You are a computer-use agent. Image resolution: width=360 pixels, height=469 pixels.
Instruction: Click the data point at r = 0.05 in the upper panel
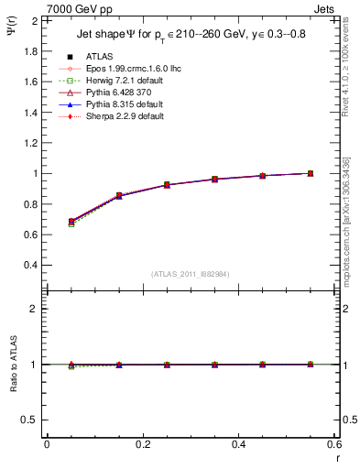(71, 222)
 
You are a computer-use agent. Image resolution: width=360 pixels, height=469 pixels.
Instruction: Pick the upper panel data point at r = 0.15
(119, 196)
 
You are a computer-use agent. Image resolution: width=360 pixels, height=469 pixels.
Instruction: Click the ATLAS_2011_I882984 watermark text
(190, 275)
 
